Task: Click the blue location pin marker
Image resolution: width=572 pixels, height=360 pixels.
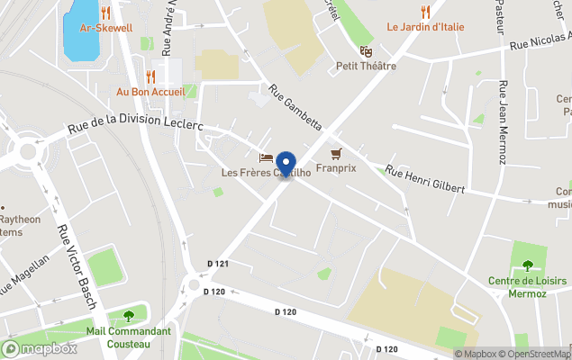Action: coord(287,165)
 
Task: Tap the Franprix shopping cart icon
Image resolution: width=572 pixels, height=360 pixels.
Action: coord(336,153)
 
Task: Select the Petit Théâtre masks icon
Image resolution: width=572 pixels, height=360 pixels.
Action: coord(366,51)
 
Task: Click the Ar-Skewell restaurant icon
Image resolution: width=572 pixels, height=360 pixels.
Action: coord(106,13)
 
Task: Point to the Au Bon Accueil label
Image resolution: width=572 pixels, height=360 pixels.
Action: coord(150,92)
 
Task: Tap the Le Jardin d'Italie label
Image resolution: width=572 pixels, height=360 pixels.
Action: coord(425,27)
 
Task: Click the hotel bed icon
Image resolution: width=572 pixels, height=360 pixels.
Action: coord(266,158)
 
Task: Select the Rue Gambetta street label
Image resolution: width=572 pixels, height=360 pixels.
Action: coord(295,109)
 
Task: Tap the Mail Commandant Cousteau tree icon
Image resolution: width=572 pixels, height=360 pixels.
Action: coord(128,315)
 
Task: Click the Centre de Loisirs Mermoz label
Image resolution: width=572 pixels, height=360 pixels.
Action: coord(527,287)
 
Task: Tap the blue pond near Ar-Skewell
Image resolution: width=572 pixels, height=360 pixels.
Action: coord(82,31)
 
